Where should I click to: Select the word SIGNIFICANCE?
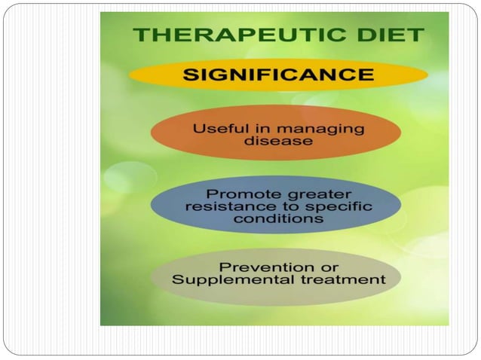click(278, 75)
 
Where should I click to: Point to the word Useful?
click(218, 129)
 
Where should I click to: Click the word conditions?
click(278, 219)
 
